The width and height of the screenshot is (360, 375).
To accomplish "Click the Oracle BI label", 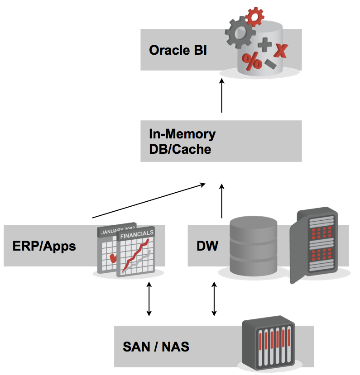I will (x=178, y=50).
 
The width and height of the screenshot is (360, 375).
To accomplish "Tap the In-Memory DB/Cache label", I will (x=182, y=141).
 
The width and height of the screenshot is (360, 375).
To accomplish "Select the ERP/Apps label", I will (x=44, y=246).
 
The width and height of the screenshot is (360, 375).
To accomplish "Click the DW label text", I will (x=207, y=246).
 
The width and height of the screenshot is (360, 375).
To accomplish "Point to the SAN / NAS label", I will (x=156, y=347).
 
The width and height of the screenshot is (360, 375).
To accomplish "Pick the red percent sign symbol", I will (x=252, y=61).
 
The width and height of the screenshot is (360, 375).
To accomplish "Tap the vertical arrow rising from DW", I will (x=221, y=201).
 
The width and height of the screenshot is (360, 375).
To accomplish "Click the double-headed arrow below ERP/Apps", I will (x=149, y=299).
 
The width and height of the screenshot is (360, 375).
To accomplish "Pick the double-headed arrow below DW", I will (x=215, y=299).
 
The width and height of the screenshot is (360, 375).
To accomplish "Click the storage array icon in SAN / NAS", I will (x=268, y=344).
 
